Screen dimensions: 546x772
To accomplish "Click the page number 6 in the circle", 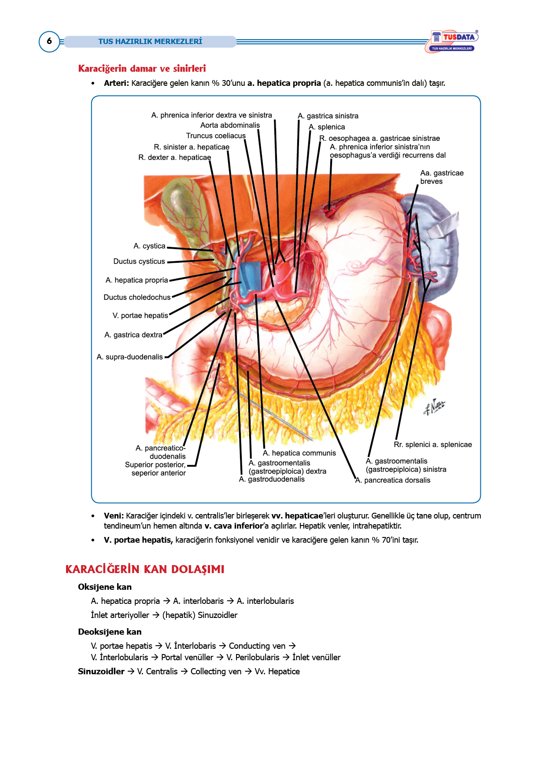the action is pos(49,41).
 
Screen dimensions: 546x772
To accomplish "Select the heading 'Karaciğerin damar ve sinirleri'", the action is pos(142,69).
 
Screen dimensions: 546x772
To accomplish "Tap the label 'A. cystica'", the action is pos(149,246).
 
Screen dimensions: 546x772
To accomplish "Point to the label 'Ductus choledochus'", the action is pos(137,298).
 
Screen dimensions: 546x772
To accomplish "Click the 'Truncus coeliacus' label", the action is pos(216,136).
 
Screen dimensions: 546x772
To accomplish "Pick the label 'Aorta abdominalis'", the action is pos(230,125).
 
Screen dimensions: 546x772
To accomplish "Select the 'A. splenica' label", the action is pos(327,127).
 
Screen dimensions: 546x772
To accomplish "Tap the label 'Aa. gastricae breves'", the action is pos(442,177).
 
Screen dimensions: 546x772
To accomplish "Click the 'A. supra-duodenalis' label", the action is pos(130,357).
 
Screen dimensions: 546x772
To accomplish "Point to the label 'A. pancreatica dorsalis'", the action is pos(393,480).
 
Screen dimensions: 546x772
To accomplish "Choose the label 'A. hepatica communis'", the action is pos(299,453).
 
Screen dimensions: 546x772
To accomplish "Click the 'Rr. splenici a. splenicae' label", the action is pos(433,445).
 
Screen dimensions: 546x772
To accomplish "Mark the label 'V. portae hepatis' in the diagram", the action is pos(140,316).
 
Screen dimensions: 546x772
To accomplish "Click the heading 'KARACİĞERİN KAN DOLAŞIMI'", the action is pos(145,570).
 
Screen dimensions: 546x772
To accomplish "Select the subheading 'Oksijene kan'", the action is pos(105,587).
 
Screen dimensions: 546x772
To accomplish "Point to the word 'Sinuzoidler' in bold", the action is pos(101,672).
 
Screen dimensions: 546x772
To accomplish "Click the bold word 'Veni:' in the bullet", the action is pos(114,516).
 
